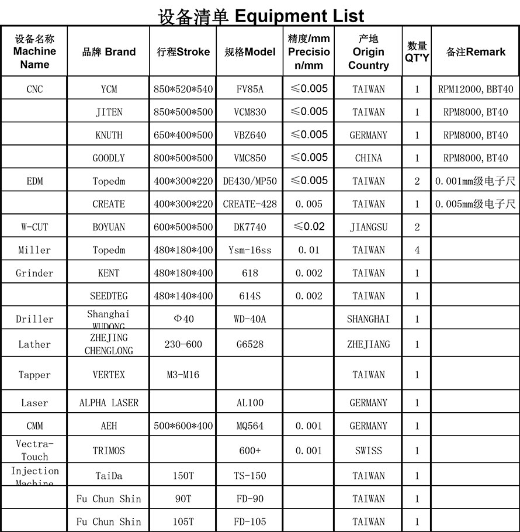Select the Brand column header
[109, 52]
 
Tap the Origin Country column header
[368, 52]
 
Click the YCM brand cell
[109, 89]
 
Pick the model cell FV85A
[249, 89]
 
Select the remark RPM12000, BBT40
[475, 89]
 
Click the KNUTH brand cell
[109, 135]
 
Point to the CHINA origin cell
[368, 158]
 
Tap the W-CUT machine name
[34, 227]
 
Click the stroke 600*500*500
[183, 227]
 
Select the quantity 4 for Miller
[417, 250]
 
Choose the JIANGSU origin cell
[368, 227]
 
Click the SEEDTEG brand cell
[109, 296]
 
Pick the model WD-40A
[249, 319]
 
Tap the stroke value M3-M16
[183, 375]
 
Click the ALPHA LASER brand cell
[109, 403]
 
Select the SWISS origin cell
[368, 451]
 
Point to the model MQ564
[249, 426]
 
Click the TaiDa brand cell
[109, 476]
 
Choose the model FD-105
[249, 521]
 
